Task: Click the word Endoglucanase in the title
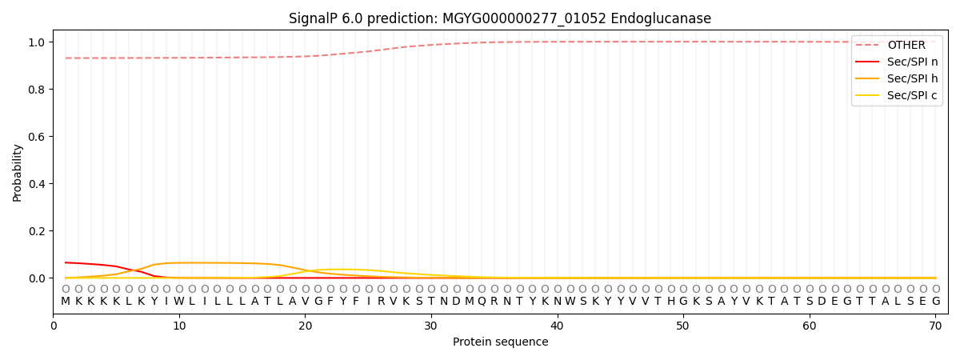pyautogui.click(x=661, y=18)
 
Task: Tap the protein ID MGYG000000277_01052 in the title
pyautogui.click(x=524, y=19)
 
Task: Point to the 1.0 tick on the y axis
pyautogui.click(x=37, y=42)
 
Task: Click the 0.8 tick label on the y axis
pyautogui.click(x=37, y=90)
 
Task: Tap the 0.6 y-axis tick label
pyautogui.click(x=37, y=137)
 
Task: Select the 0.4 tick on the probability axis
pyautogui.click(x=37, y=184)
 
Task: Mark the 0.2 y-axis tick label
pyautogui.click(x=37, y=231)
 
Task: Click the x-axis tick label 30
pyautogui.click(x=431, y=326)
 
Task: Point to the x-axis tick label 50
pyautogui.click(x=683, y=326)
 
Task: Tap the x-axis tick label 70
pyautogui.click(x=935, y=326)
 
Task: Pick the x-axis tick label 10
pyautogui.click(x=179, y=326)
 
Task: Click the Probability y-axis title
pyautogui.click(x=17, y=173)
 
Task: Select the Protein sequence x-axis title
pyautogui.click(x=501, y=342)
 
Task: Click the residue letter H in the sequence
pyautogui.click(x=671, y=302)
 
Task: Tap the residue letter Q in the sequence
pyautogui.click(x=482, y=302)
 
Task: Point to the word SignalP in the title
pyautogui.click(x=313, y=19)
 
